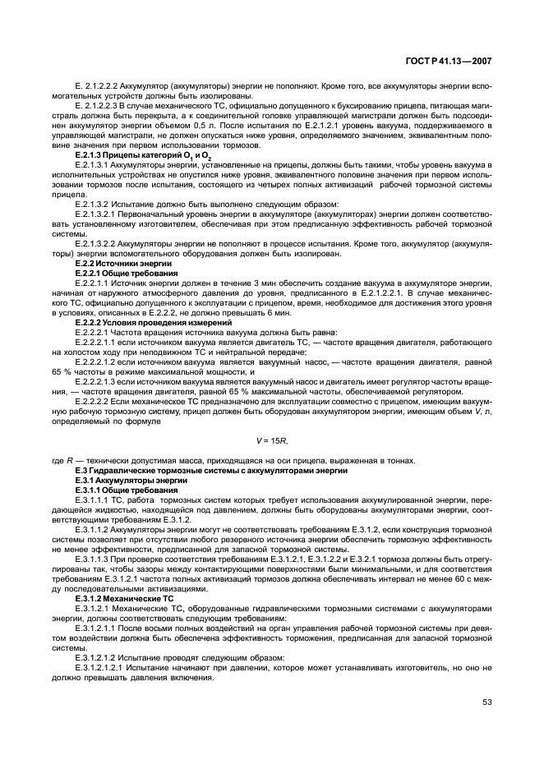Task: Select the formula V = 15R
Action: [x=271, y=441]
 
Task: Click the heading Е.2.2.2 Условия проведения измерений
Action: [x=141, y=323]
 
